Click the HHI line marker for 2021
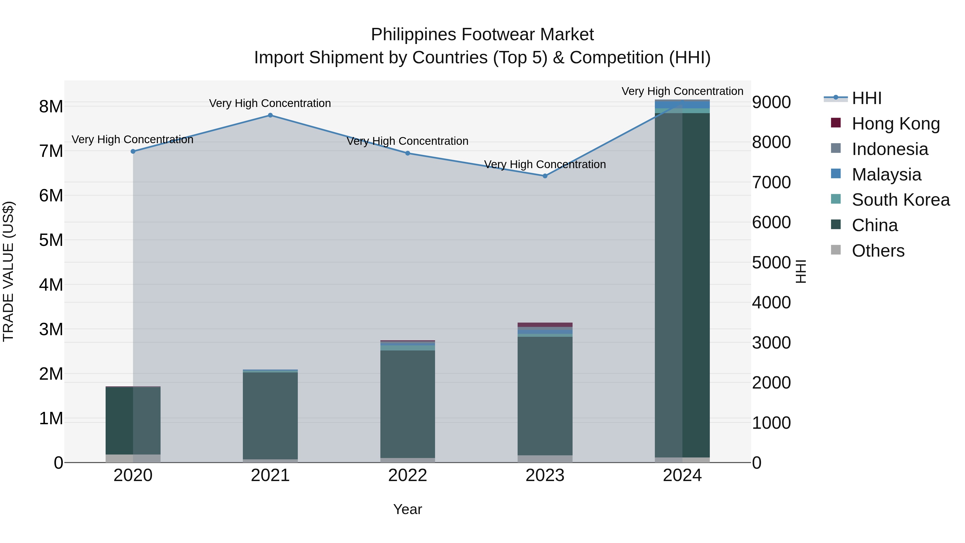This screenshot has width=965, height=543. (270, 115)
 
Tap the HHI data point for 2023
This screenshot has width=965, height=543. (545, 176)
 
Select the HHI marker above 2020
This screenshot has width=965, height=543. (133, 152)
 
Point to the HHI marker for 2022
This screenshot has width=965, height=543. (407, 153)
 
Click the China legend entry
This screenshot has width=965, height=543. (874, 226)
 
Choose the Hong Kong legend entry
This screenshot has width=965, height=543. (895, 124)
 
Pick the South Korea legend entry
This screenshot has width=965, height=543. (901, 200)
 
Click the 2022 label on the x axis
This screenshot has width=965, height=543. (407, 475)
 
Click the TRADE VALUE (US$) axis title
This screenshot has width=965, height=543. (8, 271)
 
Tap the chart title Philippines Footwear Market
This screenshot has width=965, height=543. (482, 35)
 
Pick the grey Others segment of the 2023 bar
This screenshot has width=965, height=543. (545, 459)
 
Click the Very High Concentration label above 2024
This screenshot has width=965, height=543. (682, 91)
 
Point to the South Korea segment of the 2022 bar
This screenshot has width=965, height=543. (407, 348)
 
